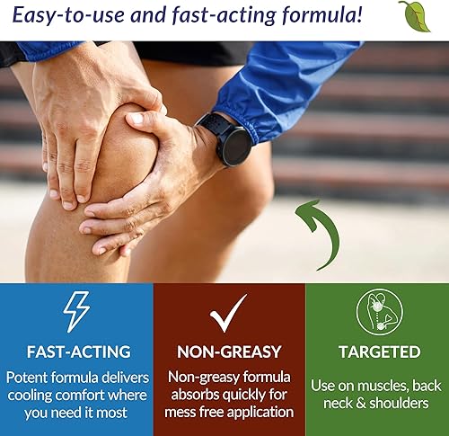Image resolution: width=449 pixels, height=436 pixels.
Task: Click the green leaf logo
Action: pos(414,16)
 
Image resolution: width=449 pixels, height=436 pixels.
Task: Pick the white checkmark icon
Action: pos(228,314)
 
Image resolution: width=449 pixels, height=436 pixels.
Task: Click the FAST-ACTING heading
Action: pos(75,351)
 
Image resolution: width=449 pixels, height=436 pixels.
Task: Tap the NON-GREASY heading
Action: pos(228,351)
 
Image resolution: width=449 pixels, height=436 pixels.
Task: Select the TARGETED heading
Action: pos(378,351)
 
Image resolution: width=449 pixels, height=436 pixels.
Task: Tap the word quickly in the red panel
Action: pos(248,394)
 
